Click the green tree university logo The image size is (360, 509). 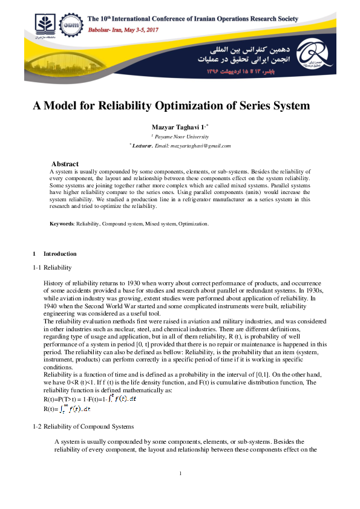(x=44, y=27)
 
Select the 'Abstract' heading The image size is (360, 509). (x=65, y=164)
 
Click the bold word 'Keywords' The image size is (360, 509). (x=61, y=224)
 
